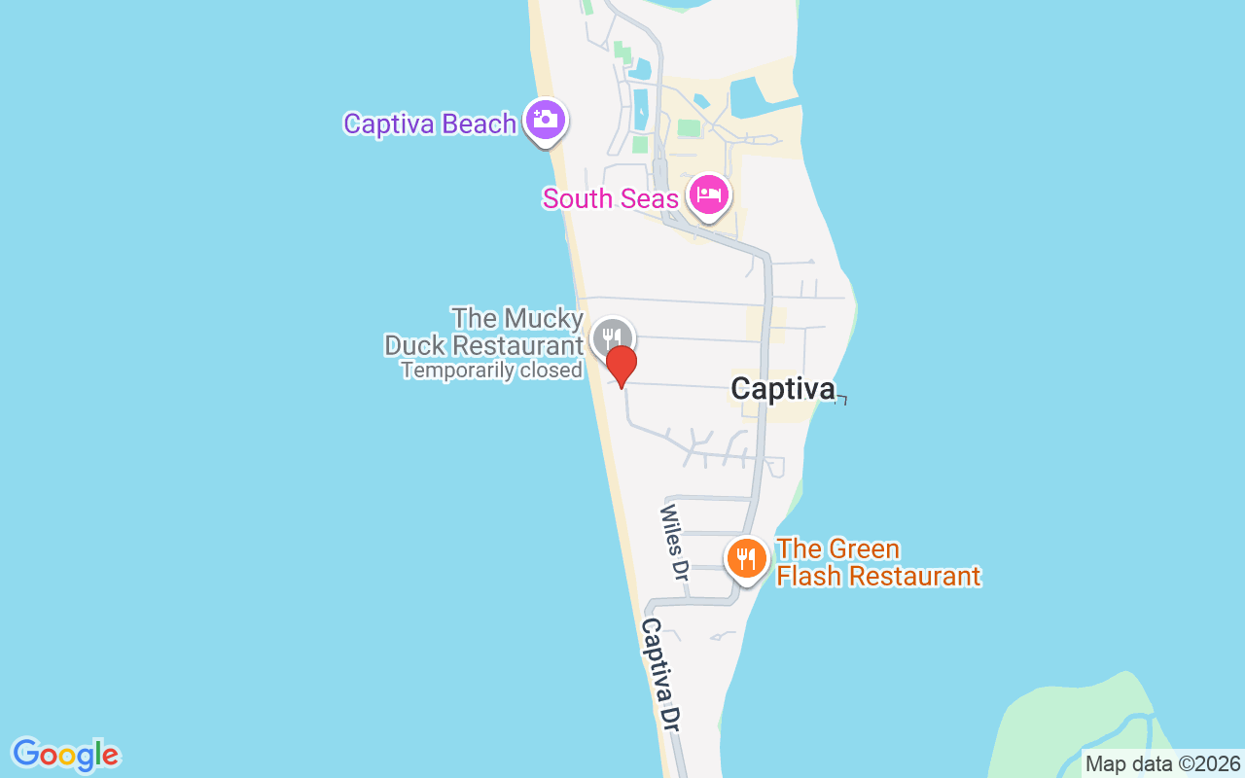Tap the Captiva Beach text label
[430, 124]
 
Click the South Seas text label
[610, 199]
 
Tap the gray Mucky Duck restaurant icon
[612, 337]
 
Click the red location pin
[622, 367]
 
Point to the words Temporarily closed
[491, 371]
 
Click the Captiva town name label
[783, 389]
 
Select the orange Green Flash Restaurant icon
[746, 558]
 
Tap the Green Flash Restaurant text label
[877, 563]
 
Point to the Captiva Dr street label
[659, 674]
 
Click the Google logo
[65, 755]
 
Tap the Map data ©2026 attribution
[1162, 764]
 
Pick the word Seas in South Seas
[647, 199]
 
